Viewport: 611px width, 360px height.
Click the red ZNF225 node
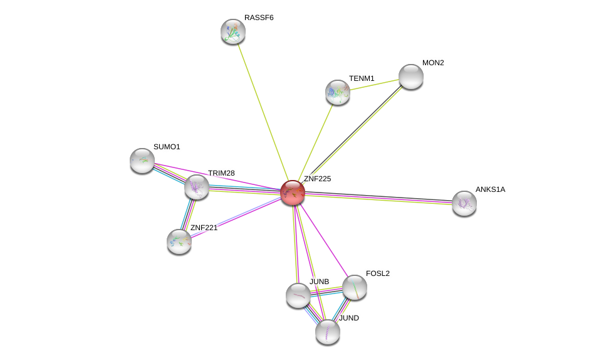point(293,193)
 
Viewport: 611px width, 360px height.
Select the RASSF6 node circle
point(233,31)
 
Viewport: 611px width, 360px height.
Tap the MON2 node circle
point(411,77)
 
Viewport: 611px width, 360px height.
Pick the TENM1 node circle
point(338,92)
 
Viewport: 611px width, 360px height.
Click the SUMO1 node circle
point(142,161)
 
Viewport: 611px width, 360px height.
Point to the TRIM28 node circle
point(197,187)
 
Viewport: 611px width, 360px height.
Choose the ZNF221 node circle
point(179,241)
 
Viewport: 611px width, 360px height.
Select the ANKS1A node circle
point(464,203)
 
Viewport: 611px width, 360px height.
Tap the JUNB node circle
point(298,295)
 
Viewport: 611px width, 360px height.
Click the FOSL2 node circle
point(355,287)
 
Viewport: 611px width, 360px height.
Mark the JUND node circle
point(328,332)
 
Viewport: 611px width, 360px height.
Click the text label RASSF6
point(259,18)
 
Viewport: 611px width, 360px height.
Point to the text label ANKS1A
point(489,189)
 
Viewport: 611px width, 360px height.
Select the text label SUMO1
point(167,147)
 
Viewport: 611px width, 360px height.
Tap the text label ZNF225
point(317,179)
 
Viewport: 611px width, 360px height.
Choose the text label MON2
point(433,63)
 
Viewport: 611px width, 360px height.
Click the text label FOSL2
point(378,273)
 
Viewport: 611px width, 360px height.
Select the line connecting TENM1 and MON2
point(375,84)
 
